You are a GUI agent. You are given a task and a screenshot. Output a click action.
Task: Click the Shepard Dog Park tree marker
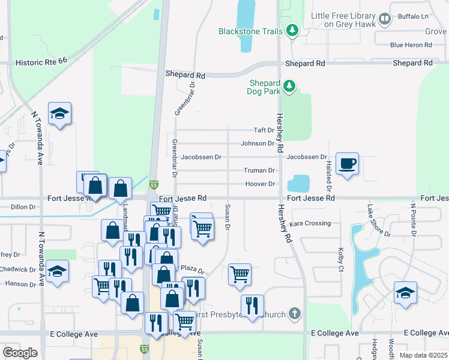(x=290, y=86)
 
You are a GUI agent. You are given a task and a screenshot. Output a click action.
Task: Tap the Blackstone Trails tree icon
(x=292, y=30)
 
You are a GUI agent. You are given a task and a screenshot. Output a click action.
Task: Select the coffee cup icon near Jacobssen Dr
(x=348, y=163)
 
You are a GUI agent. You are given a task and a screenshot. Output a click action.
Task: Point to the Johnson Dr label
(x=258, y=143)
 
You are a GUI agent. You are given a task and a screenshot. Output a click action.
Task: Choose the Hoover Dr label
(x=262, y=184)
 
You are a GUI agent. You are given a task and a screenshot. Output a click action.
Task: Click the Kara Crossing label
(x=310, y=223)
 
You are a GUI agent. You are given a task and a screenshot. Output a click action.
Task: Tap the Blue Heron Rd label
(x=411, y=45)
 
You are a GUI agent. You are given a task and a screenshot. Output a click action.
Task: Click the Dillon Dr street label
(x=23, y=206)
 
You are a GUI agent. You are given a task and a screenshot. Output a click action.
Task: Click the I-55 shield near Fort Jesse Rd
(x=154, y=185)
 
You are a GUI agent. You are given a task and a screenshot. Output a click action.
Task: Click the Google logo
(x=20, y=353)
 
